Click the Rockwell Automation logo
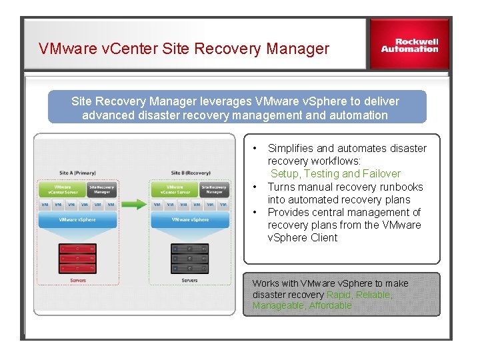[x=409, y=45]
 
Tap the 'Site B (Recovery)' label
[x=190, y=173]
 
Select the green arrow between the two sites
[x=134, y=204]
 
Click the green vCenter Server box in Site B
[x=175, y=190]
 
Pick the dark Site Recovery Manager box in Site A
[x=101, y=190]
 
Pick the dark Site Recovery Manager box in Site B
[x=214, y=190]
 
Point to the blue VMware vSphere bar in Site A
[x=77, y=220]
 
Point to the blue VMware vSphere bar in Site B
[x=190, y=220]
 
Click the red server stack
[x=77, y=259]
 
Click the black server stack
[x=190, y=259]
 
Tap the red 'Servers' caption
[x=77, y=281]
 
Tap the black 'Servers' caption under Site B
[x=190, y=281]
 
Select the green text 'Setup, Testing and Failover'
[x=335, y=174]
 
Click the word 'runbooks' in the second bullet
[x=399, y=187]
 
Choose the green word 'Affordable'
[x=330, y=305]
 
